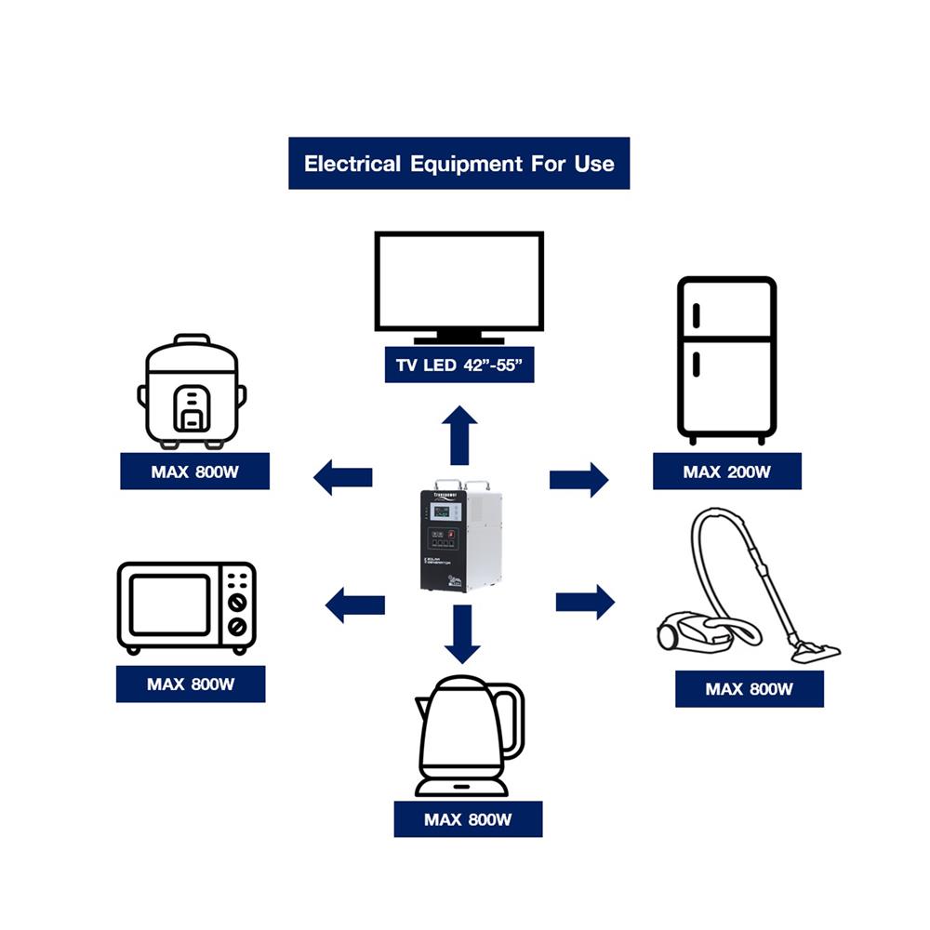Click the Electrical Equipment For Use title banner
(x=458, y=164)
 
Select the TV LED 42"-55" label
(x=458, y=365)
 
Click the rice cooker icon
(x=193, y=391)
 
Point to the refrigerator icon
(x=726, y=359)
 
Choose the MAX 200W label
(x=726, y=472)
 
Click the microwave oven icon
(x=186, y=607)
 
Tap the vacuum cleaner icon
(x=744, y=591)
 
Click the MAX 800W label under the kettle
(x=468, y=819)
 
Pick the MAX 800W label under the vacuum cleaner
(x=749, y=689)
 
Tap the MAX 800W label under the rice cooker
(x=194, y=472)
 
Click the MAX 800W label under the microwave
(x=191, y=684)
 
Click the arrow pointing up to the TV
(x=459, y=434)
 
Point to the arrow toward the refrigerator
(x=578, y=479)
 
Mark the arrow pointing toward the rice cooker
(x=342, y=478)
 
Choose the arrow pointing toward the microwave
(x=354, y=605)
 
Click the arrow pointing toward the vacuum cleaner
(x=585, y=602)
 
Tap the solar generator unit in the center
(x=460, y=538)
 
